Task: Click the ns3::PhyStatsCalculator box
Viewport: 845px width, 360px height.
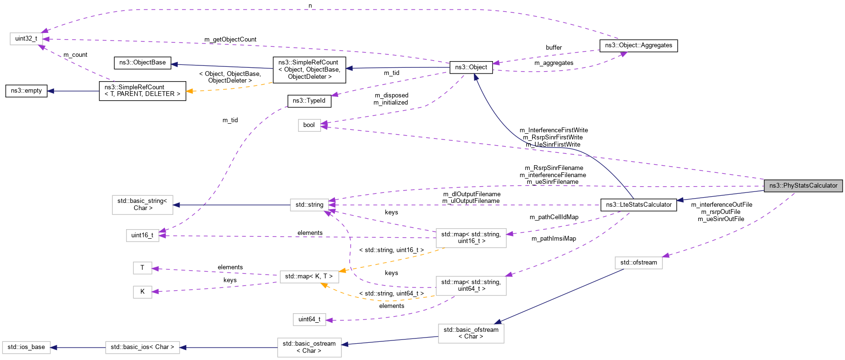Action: point(803,185)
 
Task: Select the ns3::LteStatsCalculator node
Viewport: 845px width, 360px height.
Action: point(639,204)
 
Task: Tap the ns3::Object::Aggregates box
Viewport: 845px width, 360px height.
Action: point(638,45)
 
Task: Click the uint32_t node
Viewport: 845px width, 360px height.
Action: point(26,39)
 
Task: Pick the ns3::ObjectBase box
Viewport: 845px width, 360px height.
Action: point(142,63)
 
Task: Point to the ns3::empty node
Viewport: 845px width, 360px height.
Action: point(26,91)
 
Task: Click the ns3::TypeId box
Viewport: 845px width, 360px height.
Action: point(309,101)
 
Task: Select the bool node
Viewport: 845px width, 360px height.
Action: point(309,125)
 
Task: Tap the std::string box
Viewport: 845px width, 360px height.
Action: point(309,205)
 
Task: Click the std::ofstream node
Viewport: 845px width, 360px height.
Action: point(638,263)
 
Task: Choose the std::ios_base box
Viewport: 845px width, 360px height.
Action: point(26,347)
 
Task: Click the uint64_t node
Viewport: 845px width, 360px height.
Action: point(309,319)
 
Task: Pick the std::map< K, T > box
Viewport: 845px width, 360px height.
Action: point(309,276)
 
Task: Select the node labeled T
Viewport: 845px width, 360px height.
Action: point(142,268)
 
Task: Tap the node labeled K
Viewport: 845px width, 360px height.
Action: point(142,292)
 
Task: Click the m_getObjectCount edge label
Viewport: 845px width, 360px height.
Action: point(230,40)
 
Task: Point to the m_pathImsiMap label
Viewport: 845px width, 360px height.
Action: point(554,239)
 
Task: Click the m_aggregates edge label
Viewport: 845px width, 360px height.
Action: point(554,63)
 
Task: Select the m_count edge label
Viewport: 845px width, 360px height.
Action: point(75,55)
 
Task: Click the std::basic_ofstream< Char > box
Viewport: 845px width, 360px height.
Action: point(471,333)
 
